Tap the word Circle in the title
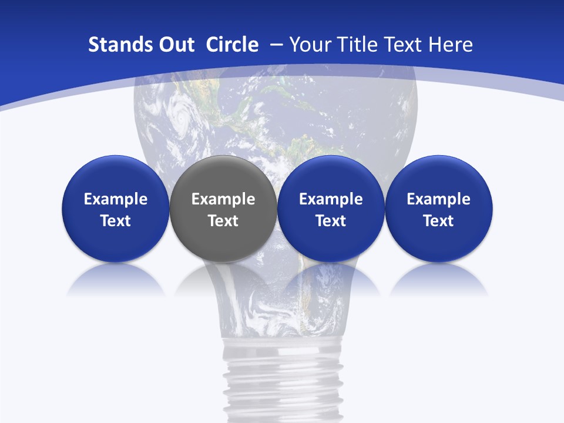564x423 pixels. [232, 45]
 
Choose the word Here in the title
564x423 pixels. [450, 45]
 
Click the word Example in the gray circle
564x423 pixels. [223, 199]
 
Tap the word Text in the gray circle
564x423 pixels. [223, 221]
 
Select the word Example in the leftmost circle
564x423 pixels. [116, 199]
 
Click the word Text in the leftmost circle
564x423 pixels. [116, 221]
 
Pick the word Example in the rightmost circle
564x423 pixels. [438, 199]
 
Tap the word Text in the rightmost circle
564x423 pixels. [438, 221]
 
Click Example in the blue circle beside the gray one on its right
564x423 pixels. [331, 199]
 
